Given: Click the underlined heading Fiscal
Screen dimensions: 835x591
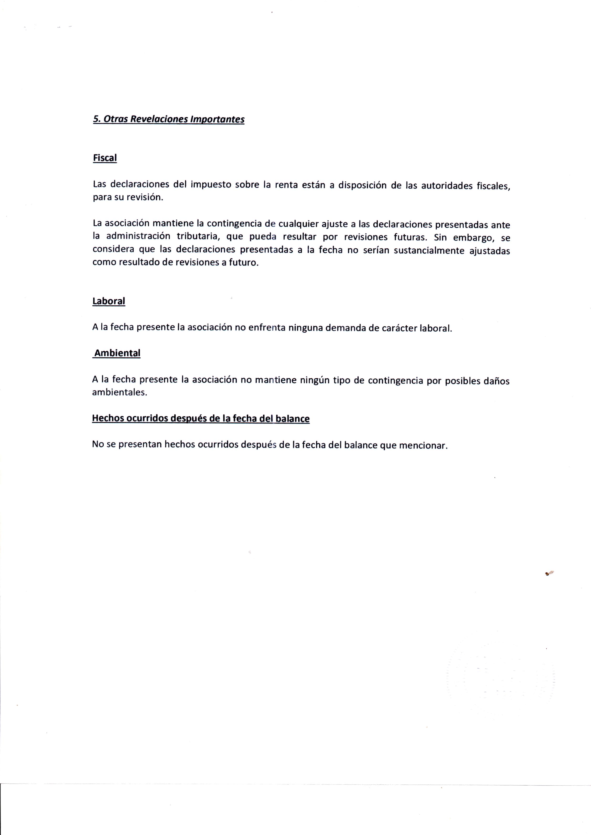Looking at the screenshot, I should click(105, 158).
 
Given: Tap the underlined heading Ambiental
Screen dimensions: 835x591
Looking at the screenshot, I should click(117, 353).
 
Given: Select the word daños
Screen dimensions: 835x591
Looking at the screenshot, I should click(496, 381).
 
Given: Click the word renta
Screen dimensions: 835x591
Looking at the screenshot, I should click(286, 185).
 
